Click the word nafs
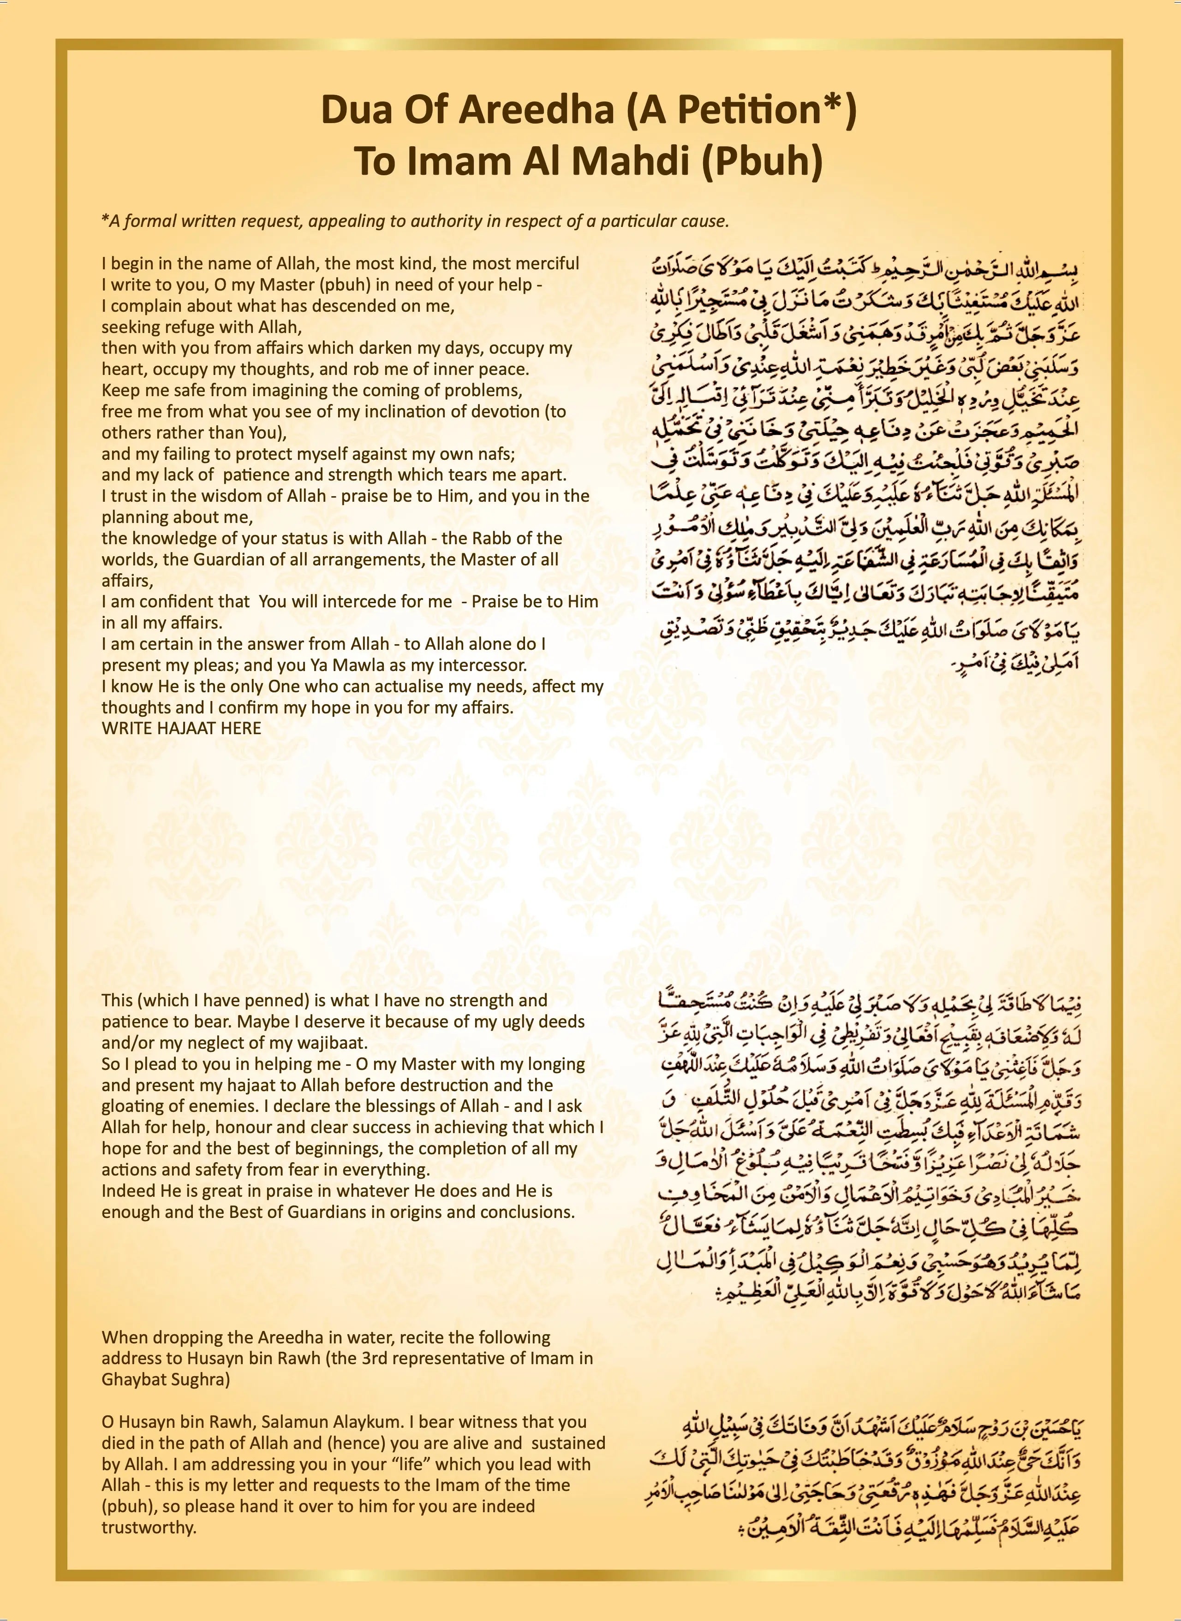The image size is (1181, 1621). (x=496, y=453)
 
